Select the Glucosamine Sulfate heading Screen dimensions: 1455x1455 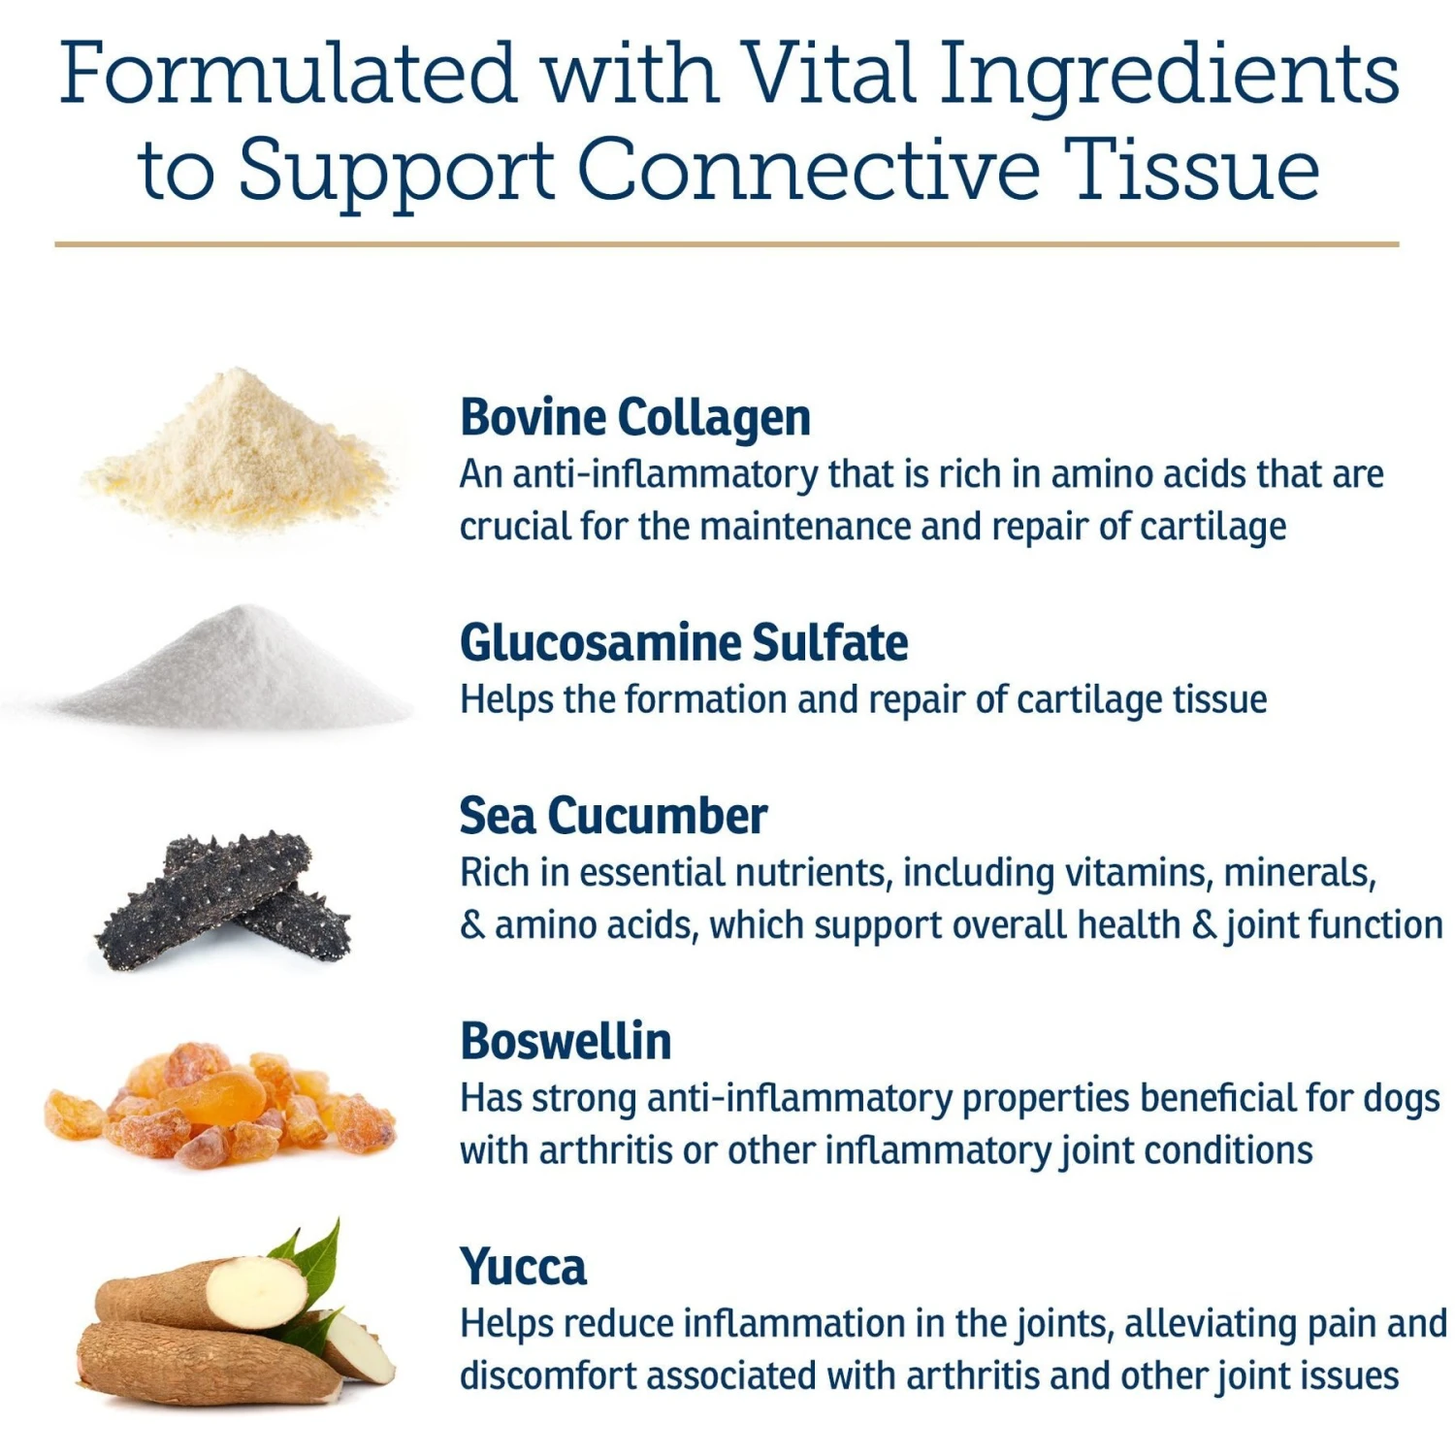click(684, 642)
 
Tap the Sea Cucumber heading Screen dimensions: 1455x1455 click(613, 816)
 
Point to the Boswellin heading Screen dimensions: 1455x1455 click(566, 1041)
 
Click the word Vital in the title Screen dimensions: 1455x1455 click(827, 74)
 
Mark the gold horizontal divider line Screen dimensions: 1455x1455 click(727, 244)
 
